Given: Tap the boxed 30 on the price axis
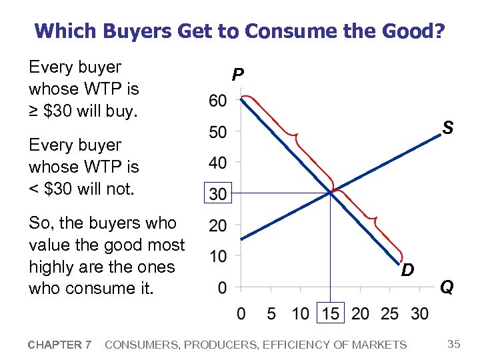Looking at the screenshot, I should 217,194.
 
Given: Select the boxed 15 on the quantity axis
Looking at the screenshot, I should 331,313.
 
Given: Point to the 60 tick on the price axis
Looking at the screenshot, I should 217,101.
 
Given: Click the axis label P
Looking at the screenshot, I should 237,75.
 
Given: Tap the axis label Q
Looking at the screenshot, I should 447,287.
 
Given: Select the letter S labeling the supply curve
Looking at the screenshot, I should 449,127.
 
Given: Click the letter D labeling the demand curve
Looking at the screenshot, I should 407,270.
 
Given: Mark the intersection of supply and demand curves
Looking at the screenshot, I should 331,193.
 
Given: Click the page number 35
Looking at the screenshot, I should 454,344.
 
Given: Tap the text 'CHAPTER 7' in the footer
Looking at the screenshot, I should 59,345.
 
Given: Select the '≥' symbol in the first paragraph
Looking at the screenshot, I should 34,111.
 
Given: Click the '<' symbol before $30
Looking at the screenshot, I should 34,189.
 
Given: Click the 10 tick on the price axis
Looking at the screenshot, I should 217,256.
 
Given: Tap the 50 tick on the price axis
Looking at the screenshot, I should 217,132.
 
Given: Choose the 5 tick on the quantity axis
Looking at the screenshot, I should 271,313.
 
